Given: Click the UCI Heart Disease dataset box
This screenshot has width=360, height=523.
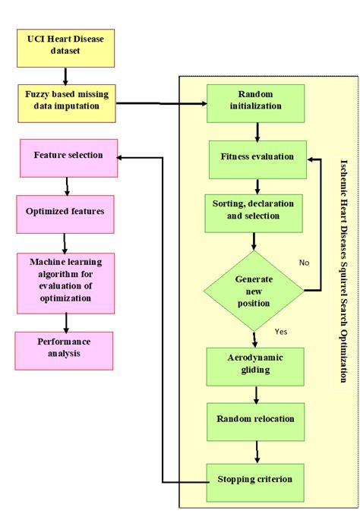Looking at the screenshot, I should pyautogui.click(x=65, y=49).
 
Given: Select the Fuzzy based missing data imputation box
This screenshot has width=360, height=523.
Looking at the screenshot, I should pyautogui.click(x=66, y=102).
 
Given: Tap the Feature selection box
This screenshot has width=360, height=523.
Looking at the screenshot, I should pyautogui.click(x=68, y=158).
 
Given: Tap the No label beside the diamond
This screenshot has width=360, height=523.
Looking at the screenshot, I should pyautogui.click(x=305, y=263).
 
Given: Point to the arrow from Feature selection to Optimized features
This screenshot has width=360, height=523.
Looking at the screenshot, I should pyautogui.click(x=68, y=186).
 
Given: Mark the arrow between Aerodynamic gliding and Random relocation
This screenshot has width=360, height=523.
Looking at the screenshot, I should pyautogui.click(x=257, y=394).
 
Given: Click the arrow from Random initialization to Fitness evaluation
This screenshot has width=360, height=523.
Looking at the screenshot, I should pyautogui.click(x=257, y=131).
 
